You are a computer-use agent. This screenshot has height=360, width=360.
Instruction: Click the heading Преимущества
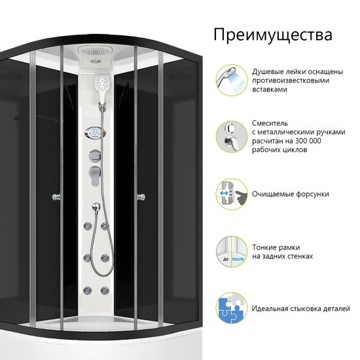pos(273,35)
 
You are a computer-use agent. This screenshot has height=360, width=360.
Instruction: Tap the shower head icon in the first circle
pos(232,80)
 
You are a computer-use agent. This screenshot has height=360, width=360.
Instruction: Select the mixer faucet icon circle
pos(232,137)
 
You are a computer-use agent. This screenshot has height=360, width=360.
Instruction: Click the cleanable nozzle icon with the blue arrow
pos(232,194)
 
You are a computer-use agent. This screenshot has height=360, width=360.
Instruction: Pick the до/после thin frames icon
pos(232,251)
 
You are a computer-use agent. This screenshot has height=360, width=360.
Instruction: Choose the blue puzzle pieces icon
pos(232,308)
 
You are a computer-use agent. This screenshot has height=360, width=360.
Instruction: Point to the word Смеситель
pos(270,123)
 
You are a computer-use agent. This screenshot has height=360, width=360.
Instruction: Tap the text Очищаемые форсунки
pos(291,194)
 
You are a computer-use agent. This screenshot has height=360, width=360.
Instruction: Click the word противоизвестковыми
pos(291,81)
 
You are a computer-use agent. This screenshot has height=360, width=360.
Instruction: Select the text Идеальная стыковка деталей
pos(301,308)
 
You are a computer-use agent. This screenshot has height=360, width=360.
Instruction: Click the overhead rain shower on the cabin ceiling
pos(96,53)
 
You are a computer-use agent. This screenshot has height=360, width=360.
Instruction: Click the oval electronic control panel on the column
pos(95,133)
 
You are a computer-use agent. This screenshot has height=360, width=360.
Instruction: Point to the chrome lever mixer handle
pos(96,175)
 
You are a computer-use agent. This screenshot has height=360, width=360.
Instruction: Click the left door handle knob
pos(56,197)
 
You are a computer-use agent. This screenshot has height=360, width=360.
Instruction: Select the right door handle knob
pos(141,197)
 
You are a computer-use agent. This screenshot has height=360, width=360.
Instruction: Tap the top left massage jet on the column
pos(88,226)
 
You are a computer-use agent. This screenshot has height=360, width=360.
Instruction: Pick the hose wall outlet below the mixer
pos(96,207)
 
